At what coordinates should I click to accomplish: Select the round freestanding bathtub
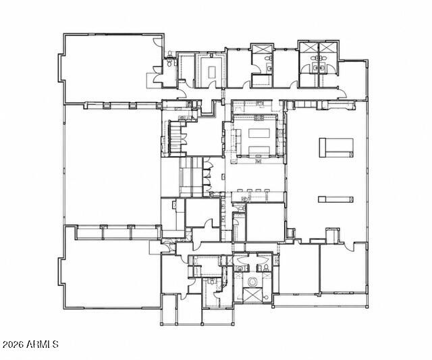point(252,282)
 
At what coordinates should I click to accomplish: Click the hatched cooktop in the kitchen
point(259,118)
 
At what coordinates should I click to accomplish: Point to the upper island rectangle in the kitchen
point(260,133)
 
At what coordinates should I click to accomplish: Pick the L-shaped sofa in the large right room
point(336,148)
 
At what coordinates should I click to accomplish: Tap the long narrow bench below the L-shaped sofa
point(335,199)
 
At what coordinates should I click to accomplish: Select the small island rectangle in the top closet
point(211,72)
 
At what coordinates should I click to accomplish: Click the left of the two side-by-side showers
point(309,47)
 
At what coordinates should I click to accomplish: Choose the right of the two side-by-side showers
point(328,47)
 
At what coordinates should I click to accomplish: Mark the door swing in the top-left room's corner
point(157,42)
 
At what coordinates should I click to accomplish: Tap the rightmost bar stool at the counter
point(267,190)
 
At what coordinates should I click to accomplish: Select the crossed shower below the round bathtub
point(252,294)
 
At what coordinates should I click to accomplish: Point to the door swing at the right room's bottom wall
point(350,247)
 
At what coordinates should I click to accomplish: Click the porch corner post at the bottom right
point(367,306)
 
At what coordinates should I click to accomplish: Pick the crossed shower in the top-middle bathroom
point(262,49)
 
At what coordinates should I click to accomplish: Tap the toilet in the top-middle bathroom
point(268,58)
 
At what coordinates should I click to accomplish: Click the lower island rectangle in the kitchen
point(259,150)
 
